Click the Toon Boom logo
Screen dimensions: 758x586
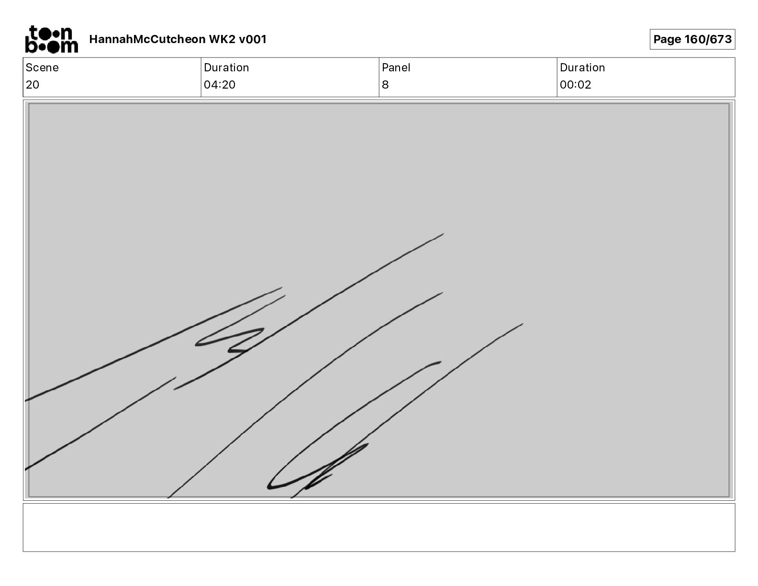coord(52,39)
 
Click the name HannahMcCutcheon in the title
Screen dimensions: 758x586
coord(147,39)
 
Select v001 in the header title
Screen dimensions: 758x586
coord(253,39)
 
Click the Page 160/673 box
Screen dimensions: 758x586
coord(692,39)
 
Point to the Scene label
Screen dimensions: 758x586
coord(42,68)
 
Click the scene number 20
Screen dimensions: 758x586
coord(33,84)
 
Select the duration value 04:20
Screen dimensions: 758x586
coord(220,84)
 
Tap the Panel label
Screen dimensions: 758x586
coord(396,68)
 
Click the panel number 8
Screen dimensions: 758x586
coord(385,84)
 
